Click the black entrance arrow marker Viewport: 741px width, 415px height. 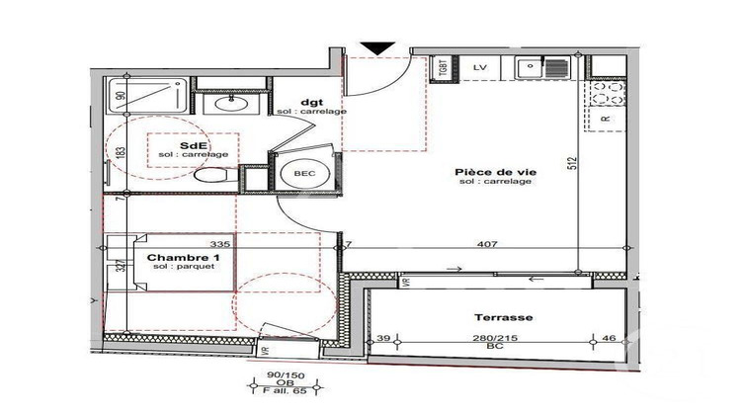(x=374, y=47)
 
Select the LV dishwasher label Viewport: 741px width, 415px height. (x=481, y=67)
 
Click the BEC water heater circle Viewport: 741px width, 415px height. (x=304, y=173)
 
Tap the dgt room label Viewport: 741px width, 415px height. (x=311, y=102)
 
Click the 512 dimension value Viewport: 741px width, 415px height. (x=571, y=163)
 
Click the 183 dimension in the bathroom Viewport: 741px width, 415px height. (x=119, y=154)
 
